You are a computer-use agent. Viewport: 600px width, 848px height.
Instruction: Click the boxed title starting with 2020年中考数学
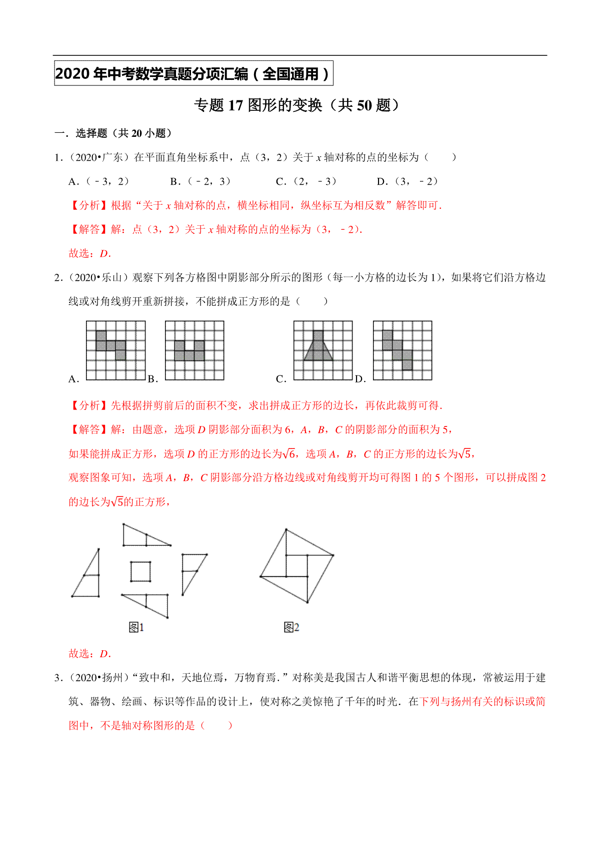[x=193, y=74]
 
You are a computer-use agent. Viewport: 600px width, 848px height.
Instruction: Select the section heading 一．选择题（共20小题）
[x=113, y=133]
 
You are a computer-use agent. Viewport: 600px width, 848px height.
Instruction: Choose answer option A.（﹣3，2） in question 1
[x=98, y=181]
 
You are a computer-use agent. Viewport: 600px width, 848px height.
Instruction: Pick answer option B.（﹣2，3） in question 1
[x=200, y=181]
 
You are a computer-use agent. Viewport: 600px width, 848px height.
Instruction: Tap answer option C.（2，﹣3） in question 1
[x=306, y=181]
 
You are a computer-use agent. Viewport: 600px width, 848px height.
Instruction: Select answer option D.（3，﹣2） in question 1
[x=407, y=181]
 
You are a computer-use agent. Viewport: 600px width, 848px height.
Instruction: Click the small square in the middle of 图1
[x=140, y=571]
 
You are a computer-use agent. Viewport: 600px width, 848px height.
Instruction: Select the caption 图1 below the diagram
[x=136, y=627]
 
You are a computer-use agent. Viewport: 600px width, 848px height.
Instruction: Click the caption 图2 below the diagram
[x=291, y=627]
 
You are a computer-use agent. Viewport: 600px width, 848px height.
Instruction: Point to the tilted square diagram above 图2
[x=297, y=566]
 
